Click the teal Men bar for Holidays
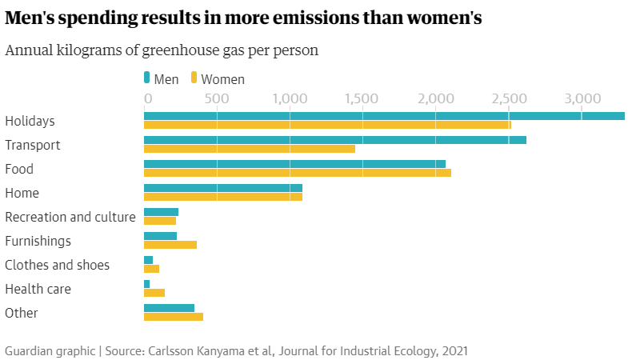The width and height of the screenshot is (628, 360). click(384, 116)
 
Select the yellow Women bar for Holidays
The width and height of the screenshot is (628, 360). click(327, 125)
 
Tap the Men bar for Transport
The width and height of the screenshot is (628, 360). click(334, 140)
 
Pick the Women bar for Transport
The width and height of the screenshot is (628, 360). click(249, 149)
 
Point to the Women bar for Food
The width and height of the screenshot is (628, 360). click(297, 173)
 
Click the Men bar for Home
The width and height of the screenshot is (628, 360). click(222, 188)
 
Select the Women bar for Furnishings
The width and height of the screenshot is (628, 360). click(170, 245)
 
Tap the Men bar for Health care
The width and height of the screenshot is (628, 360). click(146, 284)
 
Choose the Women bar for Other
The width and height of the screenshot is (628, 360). click(173, 317)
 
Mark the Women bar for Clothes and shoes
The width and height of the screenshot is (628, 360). click(151, 269)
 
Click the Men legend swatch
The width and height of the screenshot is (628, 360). click(146, 78)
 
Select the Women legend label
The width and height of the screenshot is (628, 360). click(222, 79)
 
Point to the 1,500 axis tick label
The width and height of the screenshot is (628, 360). click(362, 98)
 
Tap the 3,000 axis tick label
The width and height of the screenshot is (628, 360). click(582, 98)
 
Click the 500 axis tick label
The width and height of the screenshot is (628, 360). click(216, 98)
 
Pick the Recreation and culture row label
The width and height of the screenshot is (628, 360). click(70, 217)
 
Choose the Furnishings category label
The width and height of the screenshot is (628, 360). click(38, 241)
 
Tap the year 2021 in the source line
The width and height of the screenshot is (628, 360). click(453, 350)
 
